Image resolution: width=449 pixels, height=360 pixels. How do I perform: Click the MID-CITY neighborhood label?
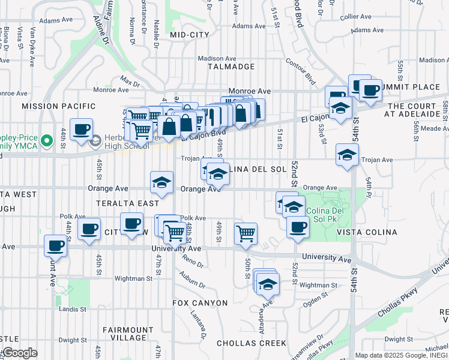(x=189, y=35)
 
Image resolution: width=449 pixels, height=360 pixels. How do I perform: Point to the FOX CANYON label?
(x=200, y=303)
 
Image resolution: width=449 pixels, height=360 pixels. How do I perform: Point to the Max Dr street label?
(x=129, y=80)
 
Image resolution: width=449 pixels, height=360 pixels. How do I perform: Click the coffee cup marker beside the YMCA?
(x=81, y=129)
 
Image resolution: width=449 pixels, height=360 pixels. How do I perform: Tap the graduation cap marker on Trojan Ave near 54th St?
(x=347, y=155)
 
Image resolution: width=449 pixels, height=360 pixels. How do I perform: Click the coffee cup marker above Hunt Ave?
(x=56, y=245)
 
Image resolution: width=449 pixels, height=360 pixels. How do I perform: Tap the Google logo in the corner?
(x=19, y=353)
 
